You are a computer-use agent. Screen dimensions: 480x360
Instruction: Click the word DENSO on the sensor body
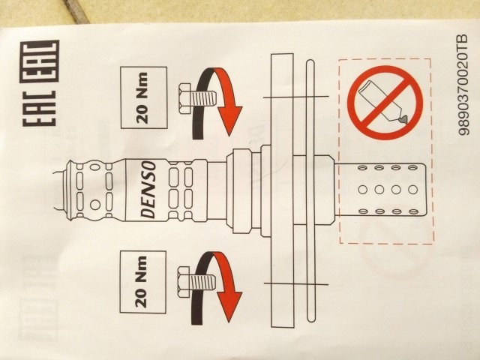pyautogui.click(x=149, y=190)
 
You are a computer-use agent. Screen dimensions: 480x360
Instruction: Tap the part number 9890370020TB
pyautogui.click(x=464, y=85)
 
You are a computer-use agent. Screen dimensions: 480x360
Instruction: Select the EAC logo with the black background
pyautogui.click(x=40, y=61)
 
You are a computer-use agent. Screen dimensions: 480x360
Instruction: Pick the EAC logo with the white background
pyautogui.click(x=40, y=108)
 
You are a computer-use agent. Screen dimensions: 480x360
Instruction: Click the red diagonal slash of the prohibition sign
pyautogui.click(x=385, y=103)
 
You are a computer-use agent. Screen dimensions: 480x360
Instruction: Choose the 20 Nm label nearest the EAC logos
pyautogui.click(x=144, y=97)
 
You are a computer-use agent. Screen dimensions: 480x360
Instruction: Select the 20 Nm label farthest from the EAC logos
pyautogui.click(x=143, y=282)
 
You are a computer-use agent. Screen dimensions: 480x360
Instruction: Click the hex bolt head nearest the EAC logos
pyautogui.click(x=184, y=99)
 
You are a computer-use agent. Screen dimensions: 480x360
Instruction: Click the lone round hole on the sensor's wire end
pyautogui.click(x=95, y=205)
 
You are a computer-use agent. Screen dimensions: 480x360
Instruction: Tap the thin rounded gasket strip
pyautogui.click(x=310, y=190)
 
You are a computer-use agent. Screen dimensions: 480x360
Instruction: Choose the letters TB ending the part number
pyautogui.click(x=464, y=41)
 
